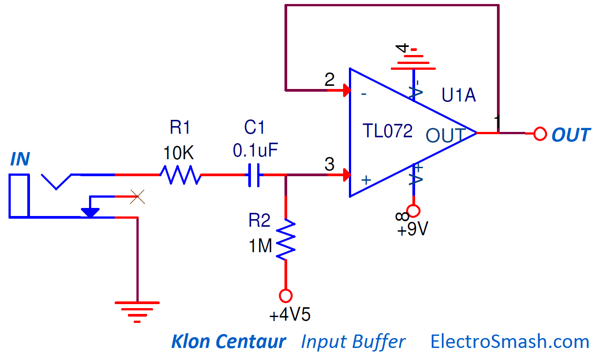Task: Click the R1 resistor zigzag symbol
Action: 180,174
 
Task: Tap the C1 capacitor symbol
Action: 255,174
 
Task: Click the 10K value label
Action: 178,153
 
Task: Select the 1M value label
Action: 260,246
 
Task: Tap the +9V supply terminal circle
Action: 413,210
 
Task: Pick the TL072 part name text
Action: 388,131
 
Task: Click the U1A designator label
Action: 458,95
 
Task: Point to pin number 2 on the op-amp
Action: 329,80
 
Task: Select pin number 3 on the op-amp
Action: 329,165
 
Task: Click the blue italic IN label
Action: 20,159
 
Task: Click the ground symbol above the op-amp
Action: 413,63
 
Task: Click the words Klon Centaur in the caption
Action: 229,342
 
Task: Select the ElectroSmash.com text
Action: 510,342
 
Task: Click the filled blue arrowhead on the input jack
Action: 90,212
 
